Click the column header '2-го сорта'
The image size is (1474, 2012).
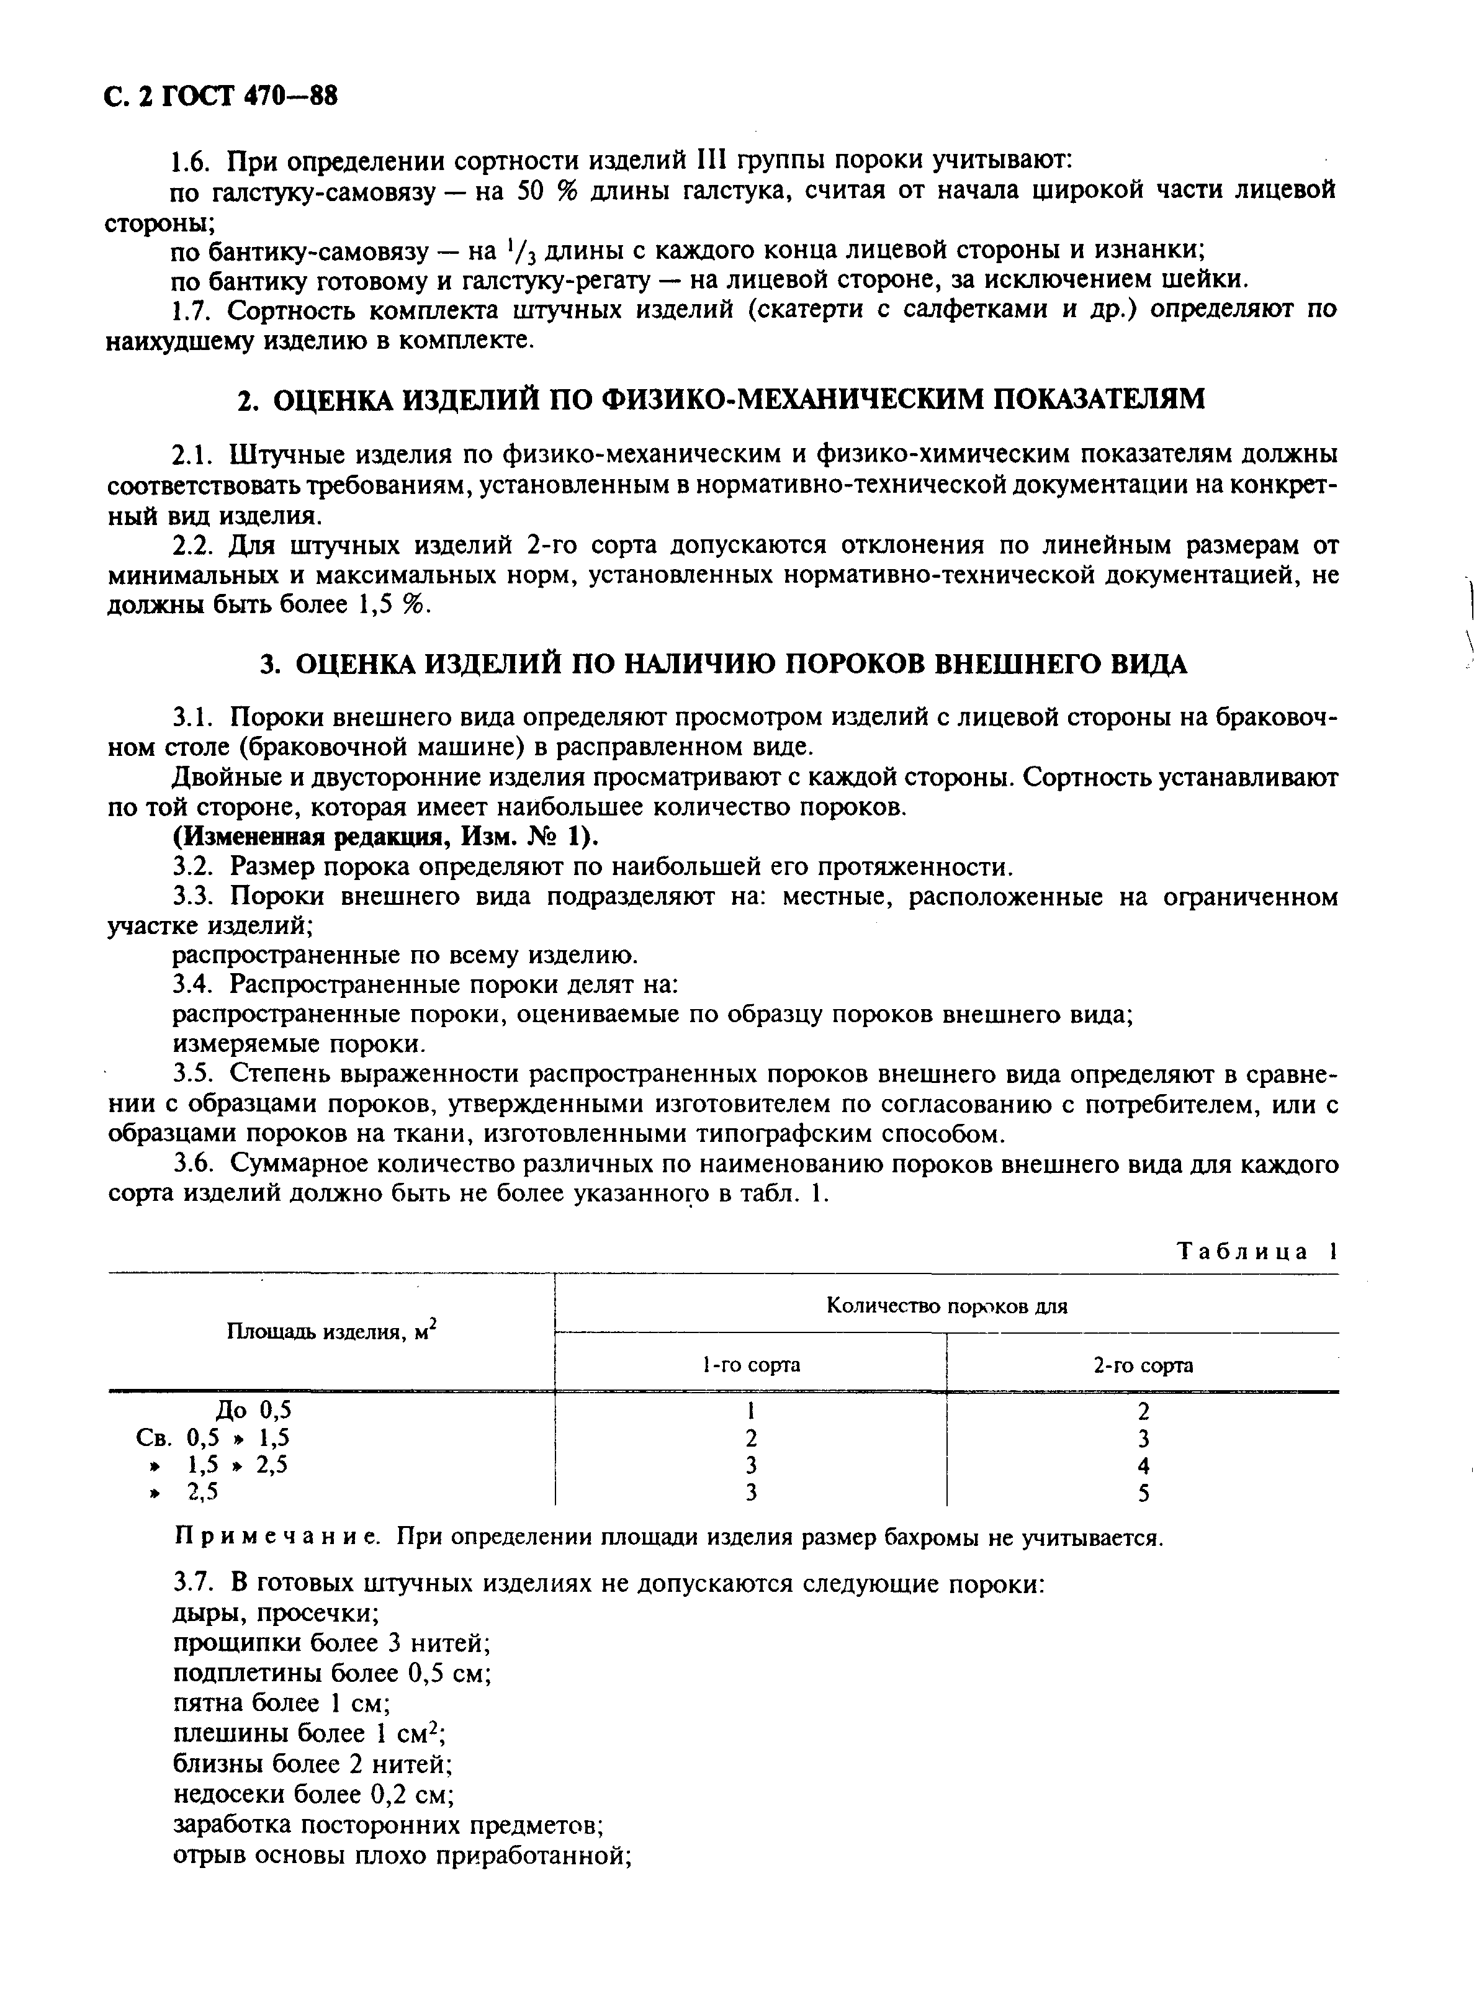tap(1143, 1365)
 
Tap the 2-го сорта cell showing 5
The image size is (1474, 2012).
tap(1144, 1493)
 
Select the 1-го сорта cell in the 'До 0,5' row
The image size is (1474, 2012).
tap(752, 1410)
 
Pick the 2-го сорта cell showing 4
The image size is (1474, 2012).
tap(1144, 1465)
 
